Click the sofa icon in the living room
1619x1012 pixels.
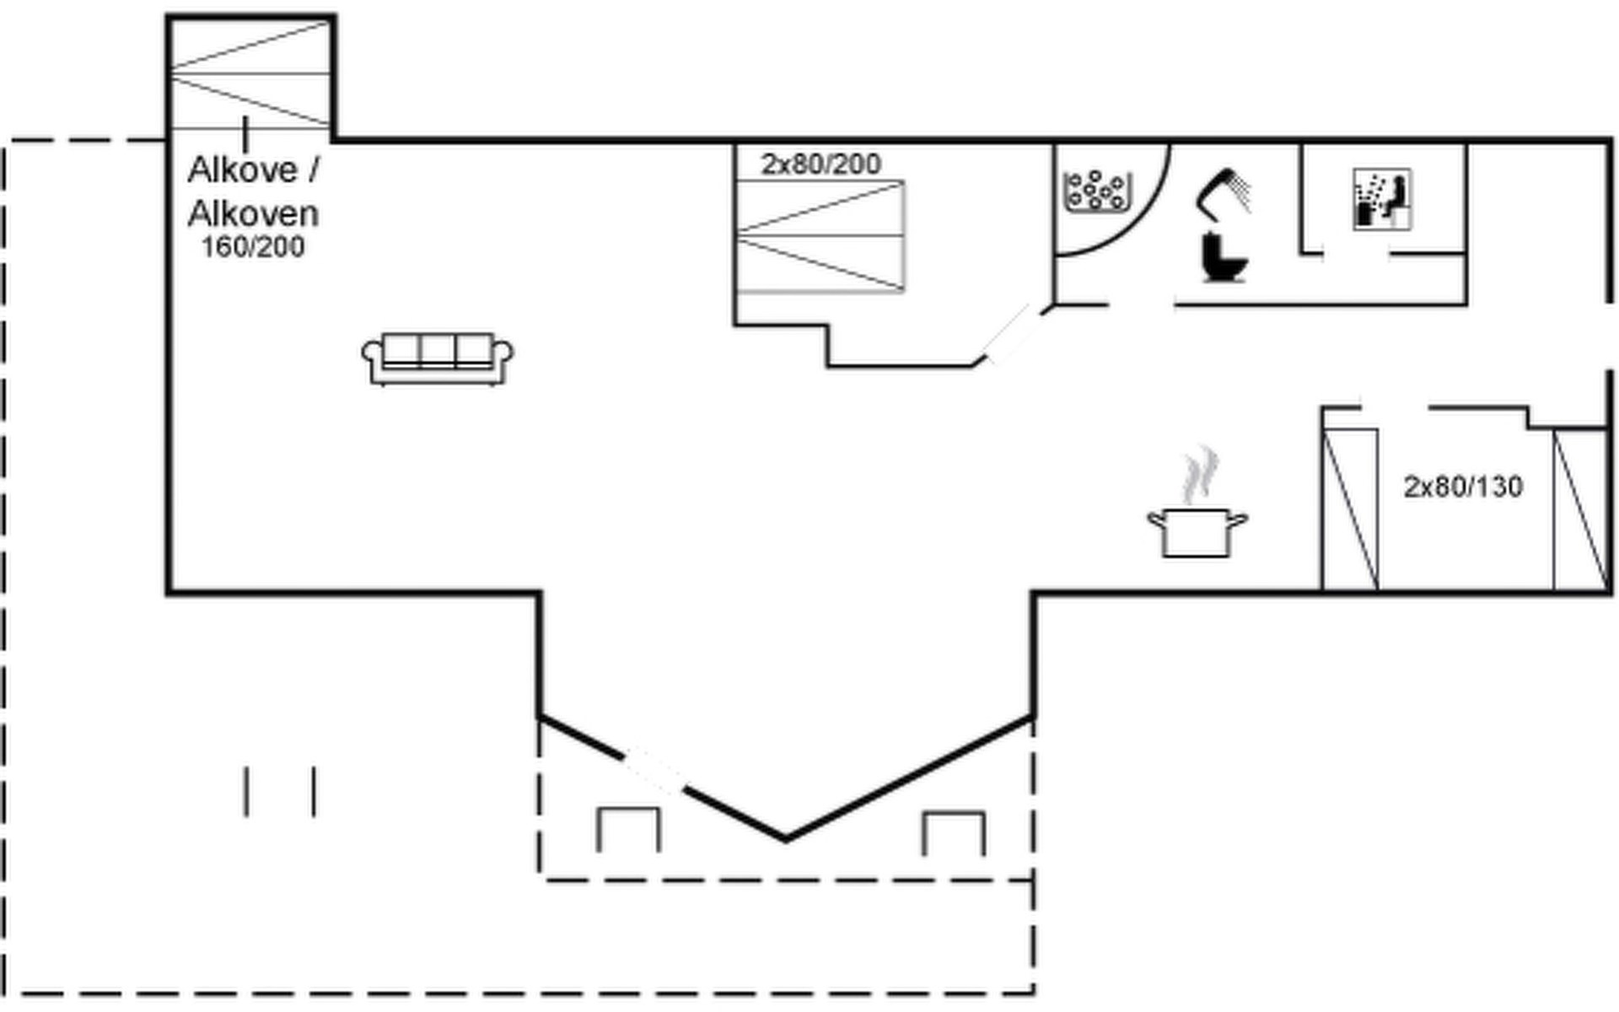pos(437,359)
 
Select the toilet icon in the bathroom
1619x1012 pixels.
pos(1223,257)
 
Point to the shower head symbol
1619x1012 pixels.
pos(1224,191)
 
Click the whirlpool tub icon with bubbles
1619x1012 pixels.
pos(1095,191)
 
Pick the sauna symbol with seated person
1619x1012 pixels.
pos(1382,199)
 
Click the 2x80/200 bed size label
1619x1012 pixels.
pos(820,164)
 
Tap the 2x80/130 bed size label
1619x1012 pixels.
pos(1463,487)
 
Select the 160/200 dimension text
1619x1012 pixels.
pos(253,248)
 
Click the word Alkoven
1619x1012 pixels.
pos(253,214)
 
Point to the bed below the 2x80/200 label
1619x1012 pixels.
pos(820,237)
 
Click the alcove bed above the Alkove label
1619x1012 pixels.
pos(250,74)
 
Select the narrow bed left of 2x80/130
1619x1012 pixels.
pos(1350,509)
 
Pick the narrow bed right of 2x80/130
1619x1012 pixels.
pos(1580,509)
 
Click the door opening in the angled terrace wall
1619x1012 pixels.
pos(654,770)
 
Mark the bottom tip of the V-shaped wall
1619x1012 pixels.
pos(785,838)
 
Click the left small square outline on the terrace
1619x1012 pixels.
pos(628,829)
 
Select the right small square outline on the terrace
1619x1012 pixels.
pos(953,832)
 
